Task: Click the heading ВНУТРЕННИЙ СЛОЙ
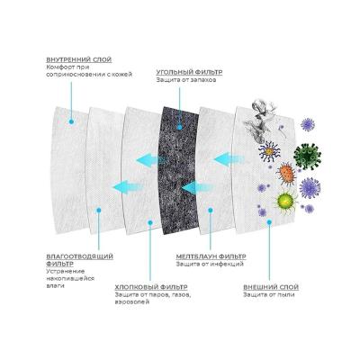point(79,59)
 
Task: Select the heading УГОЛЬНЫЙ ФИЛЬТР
point(189,72)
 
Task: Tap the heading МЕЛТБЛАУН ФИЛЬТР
point(211,256)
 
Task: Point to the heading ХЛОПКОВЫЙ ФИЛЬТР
point(151,287)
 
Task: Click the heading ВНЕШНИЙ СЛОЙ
point(271,287)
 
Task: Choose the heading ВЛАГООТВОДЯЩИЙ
point(80,256)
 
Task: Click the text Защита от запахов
point(186,80)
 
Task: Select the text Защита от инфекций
point(210,265)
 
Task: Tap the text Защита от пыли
point(269,294)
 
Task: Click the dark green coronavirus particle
point(307,157)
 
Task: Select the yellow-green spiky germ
point(283,200)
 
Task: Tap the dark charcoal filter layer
point(180,170)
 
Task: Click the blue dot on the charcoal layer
point(179,127)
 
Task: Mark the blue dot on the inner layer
point(71,121)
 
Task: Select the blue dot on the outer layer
point(269,221)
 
